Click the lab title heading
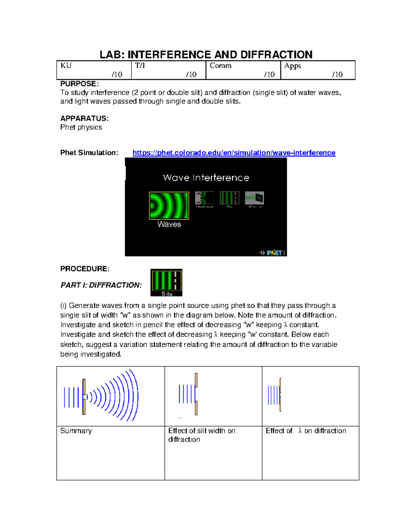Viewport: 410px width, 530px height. pyautogui.click(x=206, y=55)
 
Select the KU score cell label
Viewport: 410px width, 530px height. pyautogui.click(x=66, y=66)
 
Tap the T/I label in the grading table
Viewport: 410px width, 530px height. pyautogui.click(x=140, y=66)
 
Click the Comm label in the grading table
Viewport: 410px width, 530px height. pyautogui.click(x=220, y=66)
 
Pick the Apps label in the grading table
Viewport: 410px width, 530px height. pyautogui.click(x=292, y=66)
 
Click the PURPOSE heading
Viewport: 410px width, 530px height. pyautogui.click(x=79, y=84)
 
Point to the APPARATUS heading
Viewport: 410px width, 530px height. pyautogui.click(x=84, y=118)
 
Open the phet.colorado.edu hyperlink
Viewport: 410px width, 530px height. pyautogui.click(x=234, y=153)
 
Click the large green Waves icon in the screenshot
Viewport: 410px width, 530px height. pyautogui.click(x=169, y=205)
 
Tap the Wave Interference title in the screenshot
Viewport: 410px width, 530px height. pyautogui.click(x=206, y=178)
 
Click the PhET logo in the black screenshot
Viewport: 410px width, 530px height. pyautogui.click(x=274, y=253)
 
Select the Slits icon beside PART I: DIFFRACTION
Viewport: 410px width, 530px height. pyautogui.click(x=166, y=282)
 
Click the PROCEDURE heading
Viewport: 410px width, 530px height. pyautogui.click(x=85, y=269)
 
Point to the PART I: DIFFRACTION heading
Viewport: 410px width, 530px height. pyautogui.click(x=101, y=285)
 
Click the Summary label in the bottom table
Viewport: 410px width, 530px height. pyautogui.click(x=76, y=431)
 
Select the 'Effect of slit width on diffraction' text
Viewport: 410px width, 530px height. pyautogui.click(x=201, y=435)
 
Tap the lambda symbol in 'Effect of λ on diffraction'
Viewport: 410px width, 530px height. pyautogui.click(x=300, y=431)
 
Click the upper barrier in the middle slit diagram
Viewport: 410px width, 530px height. pyautogui.click(x=196, y=380)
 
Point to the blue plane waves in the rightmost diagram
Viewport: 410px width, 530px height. pyautogui.click(x=273, y=395)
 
